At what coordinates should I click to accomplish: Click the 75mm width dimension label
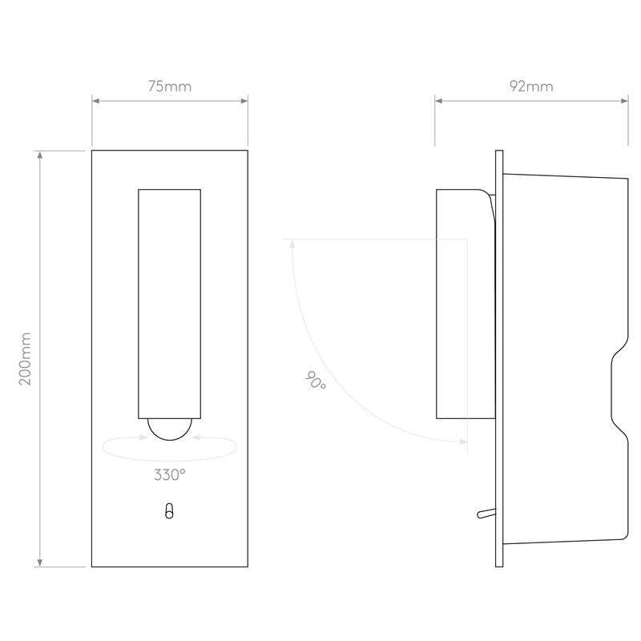point(170,87)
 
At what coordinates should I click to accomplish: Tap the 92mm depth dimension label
point(531,87)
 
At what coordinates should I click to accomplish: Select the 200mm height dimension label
point(25,358)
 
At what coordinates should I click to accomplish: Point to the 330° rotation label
point(170,474)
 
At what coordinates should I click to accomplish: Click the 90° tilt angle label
point(316,380)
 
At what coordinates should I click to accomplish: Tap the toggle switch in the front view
point(169,511)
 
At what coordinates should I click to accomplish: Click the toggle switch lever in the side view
point(486,513)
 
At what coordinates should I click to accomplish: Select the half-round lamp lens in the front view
point(170,429)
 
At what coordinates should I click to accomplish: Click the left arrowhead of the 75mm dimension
point(95,101)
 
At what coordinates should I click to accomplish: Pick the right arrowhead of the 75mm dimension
point(244,101)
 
